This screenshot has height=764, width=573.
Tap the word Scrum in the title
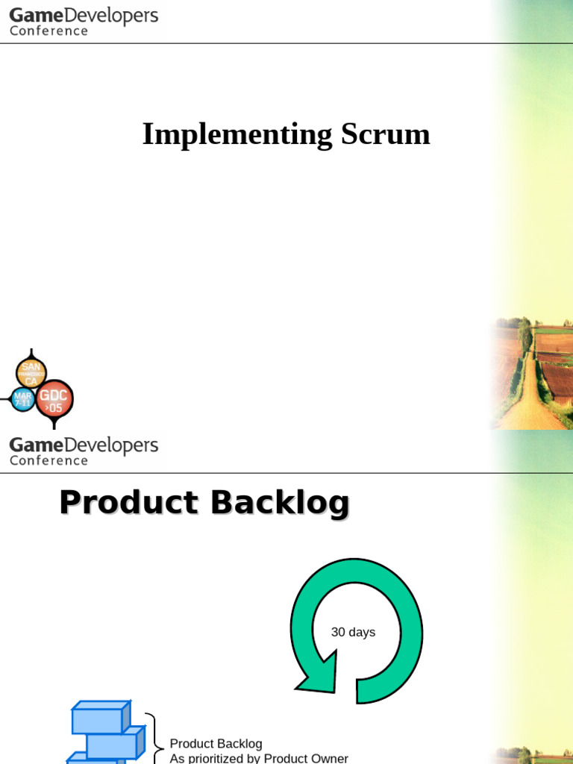click(385, 135)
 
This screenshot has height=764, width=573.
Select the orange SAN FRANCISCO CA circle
click(31, 372)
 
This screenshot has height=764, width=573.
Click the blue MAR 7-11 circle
click(23, 399)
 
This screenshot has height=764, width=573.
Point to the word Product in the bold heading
click(128, 503)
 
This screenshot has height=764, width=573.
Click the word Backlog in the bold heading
click(280, 503)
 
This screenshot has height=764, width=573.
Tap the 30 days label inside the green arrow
click(353, 633)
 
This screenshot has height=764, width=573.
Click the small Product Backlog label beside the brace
click(216, 744)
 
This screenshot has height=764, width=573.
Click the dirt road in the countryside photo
click(532, 403)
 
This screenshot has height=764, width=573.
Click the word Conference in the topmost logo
click(48, 31)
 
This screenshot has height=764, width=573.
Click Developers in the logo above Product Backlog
click(111, 446)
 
